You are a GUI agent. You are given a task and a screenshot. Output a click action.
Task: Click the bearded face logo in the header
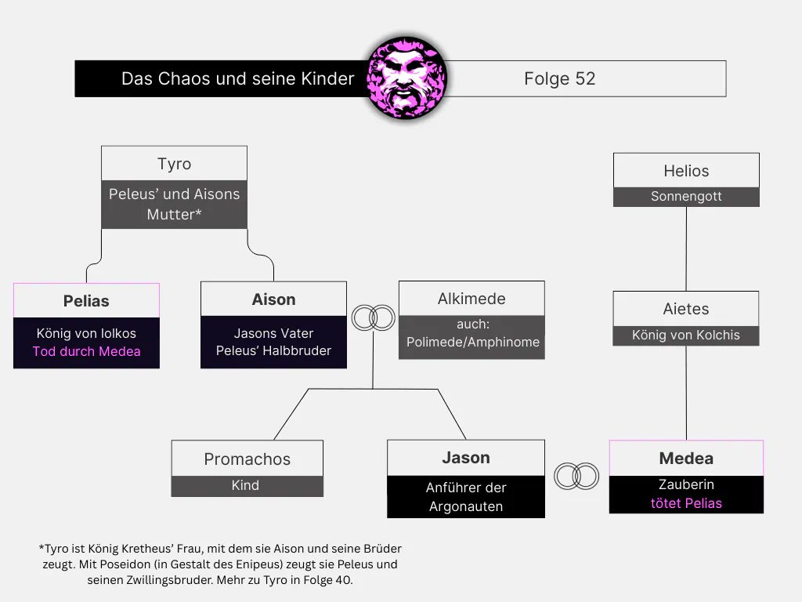[x=406, y=78]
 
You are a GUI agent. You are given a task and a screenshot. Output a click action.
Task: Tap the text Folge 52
[x=559, y=79]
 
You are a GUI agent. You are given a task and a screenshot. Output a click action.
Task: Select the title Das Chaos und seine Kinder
[x=238, y=79]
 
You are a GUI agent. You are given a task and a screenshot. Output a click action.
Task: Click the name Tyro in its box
[x=175, y=164]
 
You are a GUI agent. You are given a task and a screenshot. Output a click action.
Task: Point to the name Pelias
[x=86, y=301]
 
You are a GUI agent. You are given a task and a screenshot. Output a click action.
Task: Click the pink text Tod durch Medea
[x=86, y=351]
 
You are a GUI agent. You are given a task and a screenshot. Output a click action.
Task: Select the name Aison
[x=273, y=299]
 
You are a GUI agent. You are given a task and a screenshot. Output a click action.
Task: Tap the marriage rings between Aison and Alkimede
[x=374, y=317]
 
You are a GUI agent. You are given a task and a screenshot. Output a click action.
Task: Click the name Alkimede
[x=471, y=299]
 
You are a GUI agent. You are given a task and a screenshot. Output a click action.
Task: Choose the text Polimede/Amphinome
[x=473, y=342]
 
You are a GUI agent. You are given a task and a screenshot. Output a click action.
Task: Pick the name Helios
[x=686, y=171]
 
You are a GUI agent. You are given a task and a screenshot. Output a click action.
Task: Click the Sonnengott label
[x=686, y=197]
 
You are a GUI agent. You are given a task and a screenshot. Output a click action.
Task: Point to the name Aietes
[x=686, y=309]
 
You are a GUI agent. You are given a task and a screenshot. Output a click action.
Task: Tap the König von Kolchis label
[x=686, y=335]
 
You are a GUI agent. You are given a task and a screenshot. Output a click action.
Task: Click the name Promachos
[x=247, y=459]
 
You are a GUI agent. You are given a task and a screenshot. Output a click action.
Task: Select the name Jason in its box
[x=466, y=458]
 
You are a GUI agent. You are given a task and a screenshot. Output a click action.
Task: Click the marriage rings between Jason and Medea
[x=576, y=476]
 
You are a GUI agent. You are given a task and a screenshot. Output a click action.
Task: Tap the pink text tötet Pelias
[x=686, y=504]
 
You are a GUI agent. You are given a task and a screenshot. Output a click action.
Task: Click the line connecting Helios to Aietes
[x=686, y=248]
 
